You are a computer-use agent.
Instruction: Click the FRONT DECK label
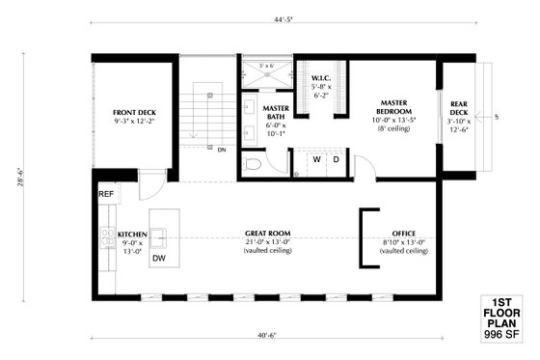click(x=133, y=112)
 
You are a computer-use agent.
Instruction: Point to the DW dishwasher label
click(x=159, y=259)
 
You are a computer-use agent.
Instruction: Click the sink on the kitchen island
click(x=159, y=235)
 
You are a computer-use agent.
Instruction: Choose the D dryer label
click(x=337, y=158)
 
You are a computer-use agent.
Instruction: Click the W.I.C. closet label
click(x=322, y=77)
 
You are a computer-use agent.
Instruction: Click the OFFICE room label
click(x=404, y=234)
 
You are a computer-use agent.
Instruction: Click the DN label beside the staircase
click(x=222, y=150)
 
